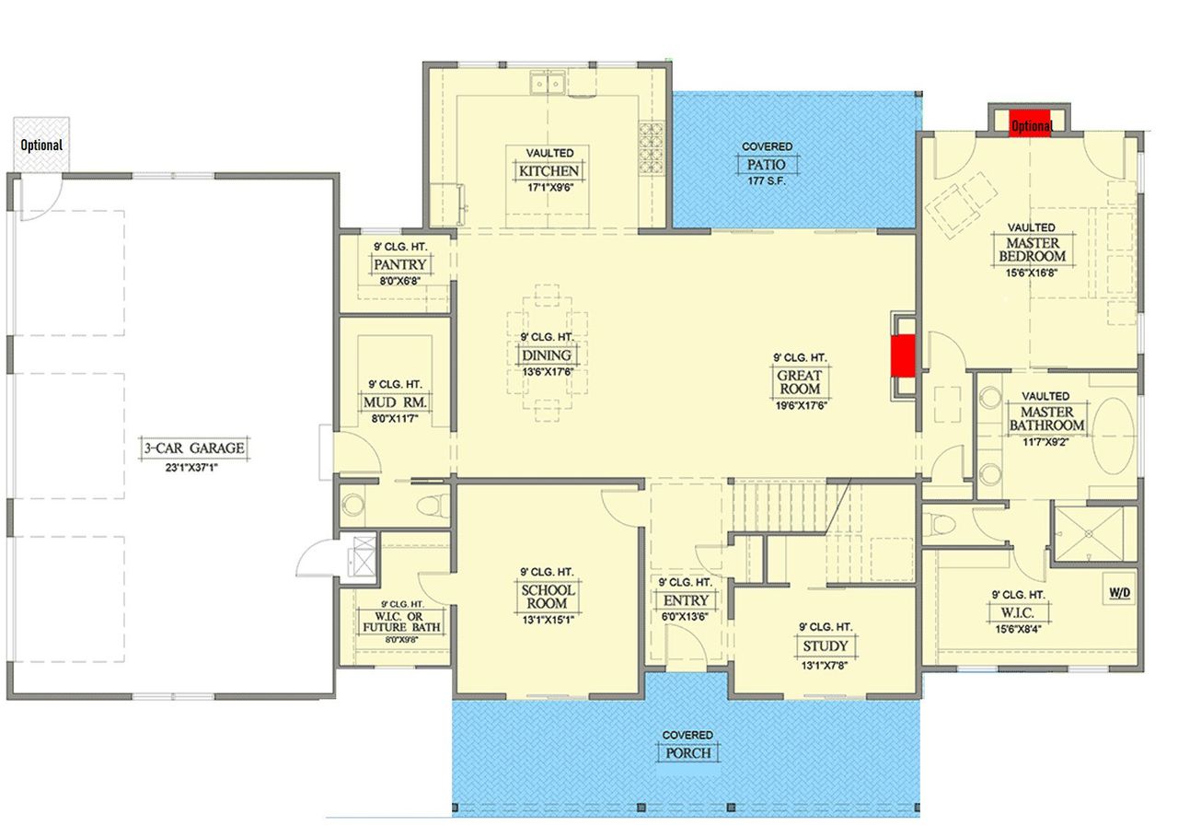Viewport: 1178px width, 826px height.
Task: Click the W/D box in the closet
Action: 1119,590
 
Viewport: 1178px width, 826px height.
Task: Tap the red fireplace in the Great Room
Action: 904,355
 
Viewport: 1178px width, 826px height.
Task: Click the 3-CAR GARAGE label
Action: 194,448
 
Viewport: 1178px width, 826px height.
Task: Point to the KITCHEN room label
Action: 549,171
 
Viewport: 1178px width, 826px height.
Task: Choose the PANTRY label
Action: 400,265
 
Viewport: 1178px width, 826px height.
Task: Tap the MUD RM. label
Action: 395,403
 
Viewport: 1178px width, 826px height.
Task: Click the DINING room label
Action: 547,355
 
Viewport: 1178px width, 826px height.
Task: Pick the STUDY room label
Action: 825,646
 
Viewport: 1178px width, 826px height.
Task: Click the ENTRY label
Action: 685,601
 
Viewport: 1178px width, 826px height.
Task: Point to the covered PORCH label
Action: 688,753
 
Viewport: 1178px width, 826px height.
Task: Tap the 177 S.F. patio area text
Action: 768,180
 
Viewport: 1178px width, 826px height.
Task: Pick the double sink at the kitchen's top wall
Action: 547,86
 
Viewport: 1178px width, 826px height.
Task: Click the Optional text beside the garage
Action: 41,145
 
